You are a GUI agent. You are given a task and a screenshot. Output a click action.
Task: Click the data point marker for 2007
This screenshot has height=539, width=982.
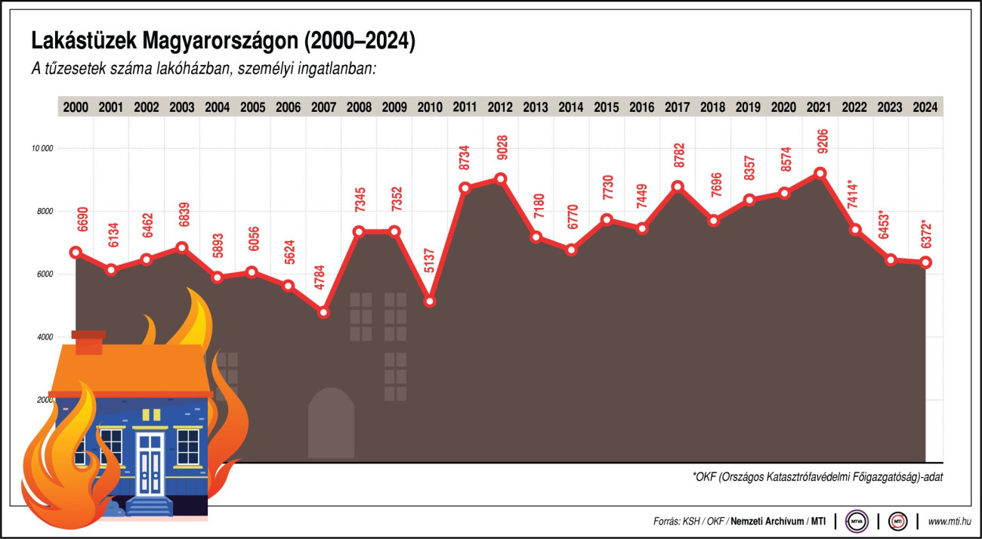click(324, 312)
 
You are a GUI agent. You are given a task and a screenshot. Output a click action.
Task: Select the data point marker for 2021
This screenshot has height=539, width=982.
click(820, 173)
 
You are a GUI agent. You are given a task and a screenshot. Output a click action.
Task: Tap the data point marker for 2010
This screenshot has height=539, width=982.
click(430, 301)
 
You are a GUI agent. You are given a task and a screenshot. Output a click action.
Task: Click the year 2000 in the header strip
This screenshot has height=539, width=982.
click(76, 107)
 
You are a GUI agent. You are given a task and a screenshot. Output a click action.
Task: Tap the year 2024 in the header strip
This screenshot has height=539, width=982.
click(925, 107)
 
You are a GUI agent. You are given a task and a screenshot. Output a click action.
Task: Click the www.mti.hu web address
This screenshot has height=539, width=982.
click(950, 521)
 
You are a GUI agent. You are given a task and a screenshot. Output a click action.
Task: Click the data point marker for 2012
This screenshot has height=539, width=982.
click(500, 179)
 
